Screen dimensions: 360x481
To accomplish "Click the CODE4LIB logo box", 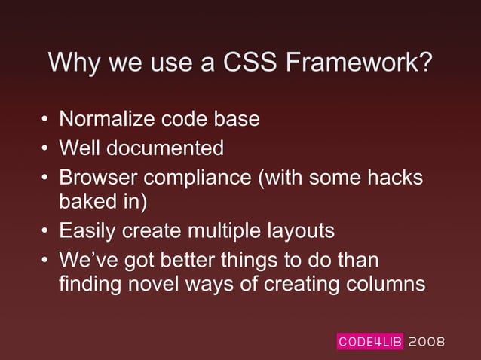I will point(369,342).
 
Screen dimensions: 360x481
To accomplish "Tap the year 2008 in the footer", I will point(427,342).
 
